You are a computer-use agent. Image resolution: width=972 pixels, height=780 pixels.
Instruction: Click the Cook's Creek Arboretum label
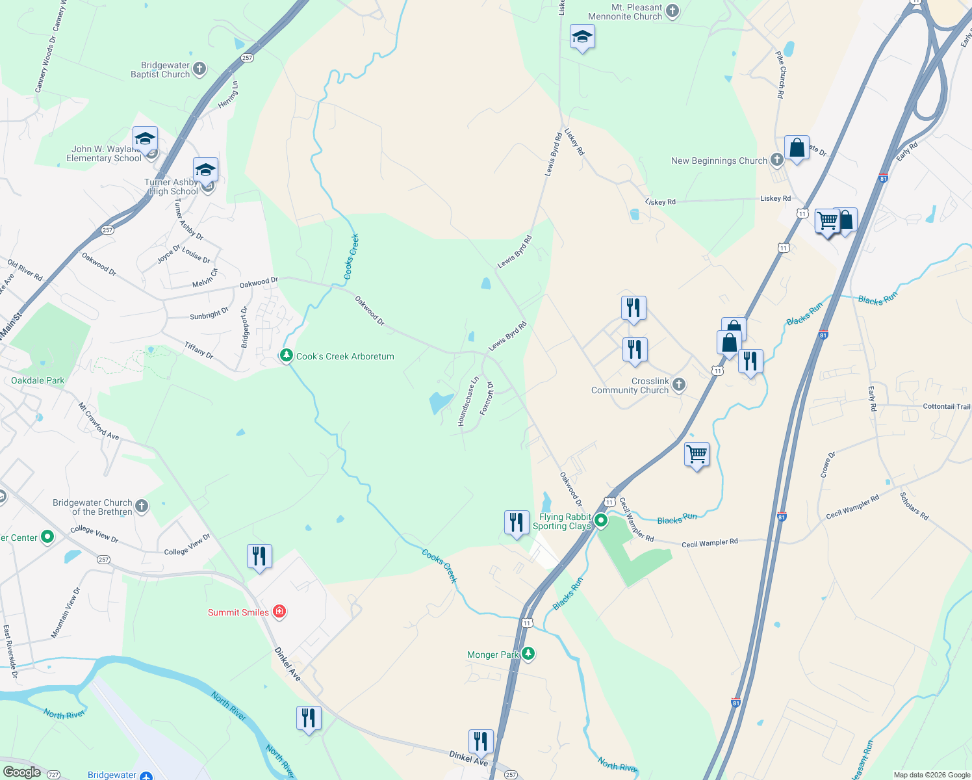click(345, 356)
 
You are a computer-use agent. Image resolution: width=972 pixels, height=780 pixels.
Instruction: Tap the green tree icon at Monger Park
click(528, 653)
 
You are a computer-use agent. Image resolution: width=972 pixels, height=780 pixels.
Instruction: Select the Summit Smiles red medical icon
click(279, 612)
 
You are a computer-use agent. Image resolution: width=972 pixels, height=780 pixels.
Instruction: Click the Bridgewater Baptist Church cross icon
click(199, 68)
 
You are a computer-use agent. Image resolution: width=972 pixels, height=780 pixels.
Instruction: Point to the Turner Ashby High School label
click(172, 187)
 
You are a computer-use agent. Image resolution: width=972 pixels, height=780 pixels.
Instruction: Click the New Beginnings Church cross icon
click(776, 160)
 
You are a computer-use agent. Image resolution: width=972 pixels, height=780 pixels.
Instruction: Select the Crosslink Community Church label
click(630, 386)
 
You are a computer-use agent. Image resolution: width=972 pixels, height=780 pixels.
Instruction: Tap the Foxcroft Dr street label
click(487, 398)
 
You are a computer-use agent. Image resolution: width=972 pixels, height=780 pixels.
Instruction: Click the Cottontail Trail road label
click(946, 406)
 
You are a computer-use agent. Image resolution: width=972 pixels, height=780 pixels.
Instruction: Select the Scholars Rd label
click(914, 506)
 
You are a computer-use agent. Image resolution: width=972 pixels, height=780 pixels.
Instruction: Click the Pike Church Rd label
click(781, 75)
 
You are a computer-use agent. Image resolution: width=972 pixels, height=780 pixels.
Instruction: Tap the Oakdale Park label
click(38, 380)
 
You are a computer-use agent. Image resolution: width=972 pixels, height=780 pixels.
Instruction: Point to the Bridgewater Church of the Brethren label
click(92, 507)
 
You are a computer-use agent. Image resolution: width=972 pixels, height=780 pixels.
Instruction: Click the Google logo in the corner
click(21, 772)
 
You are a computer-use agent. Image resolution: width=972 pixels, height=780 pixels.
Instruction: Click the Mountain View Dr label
click(66, 613)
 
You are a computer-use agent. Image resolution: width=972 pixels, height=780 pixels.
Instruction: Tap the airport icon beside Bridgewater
click(146, 775)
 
